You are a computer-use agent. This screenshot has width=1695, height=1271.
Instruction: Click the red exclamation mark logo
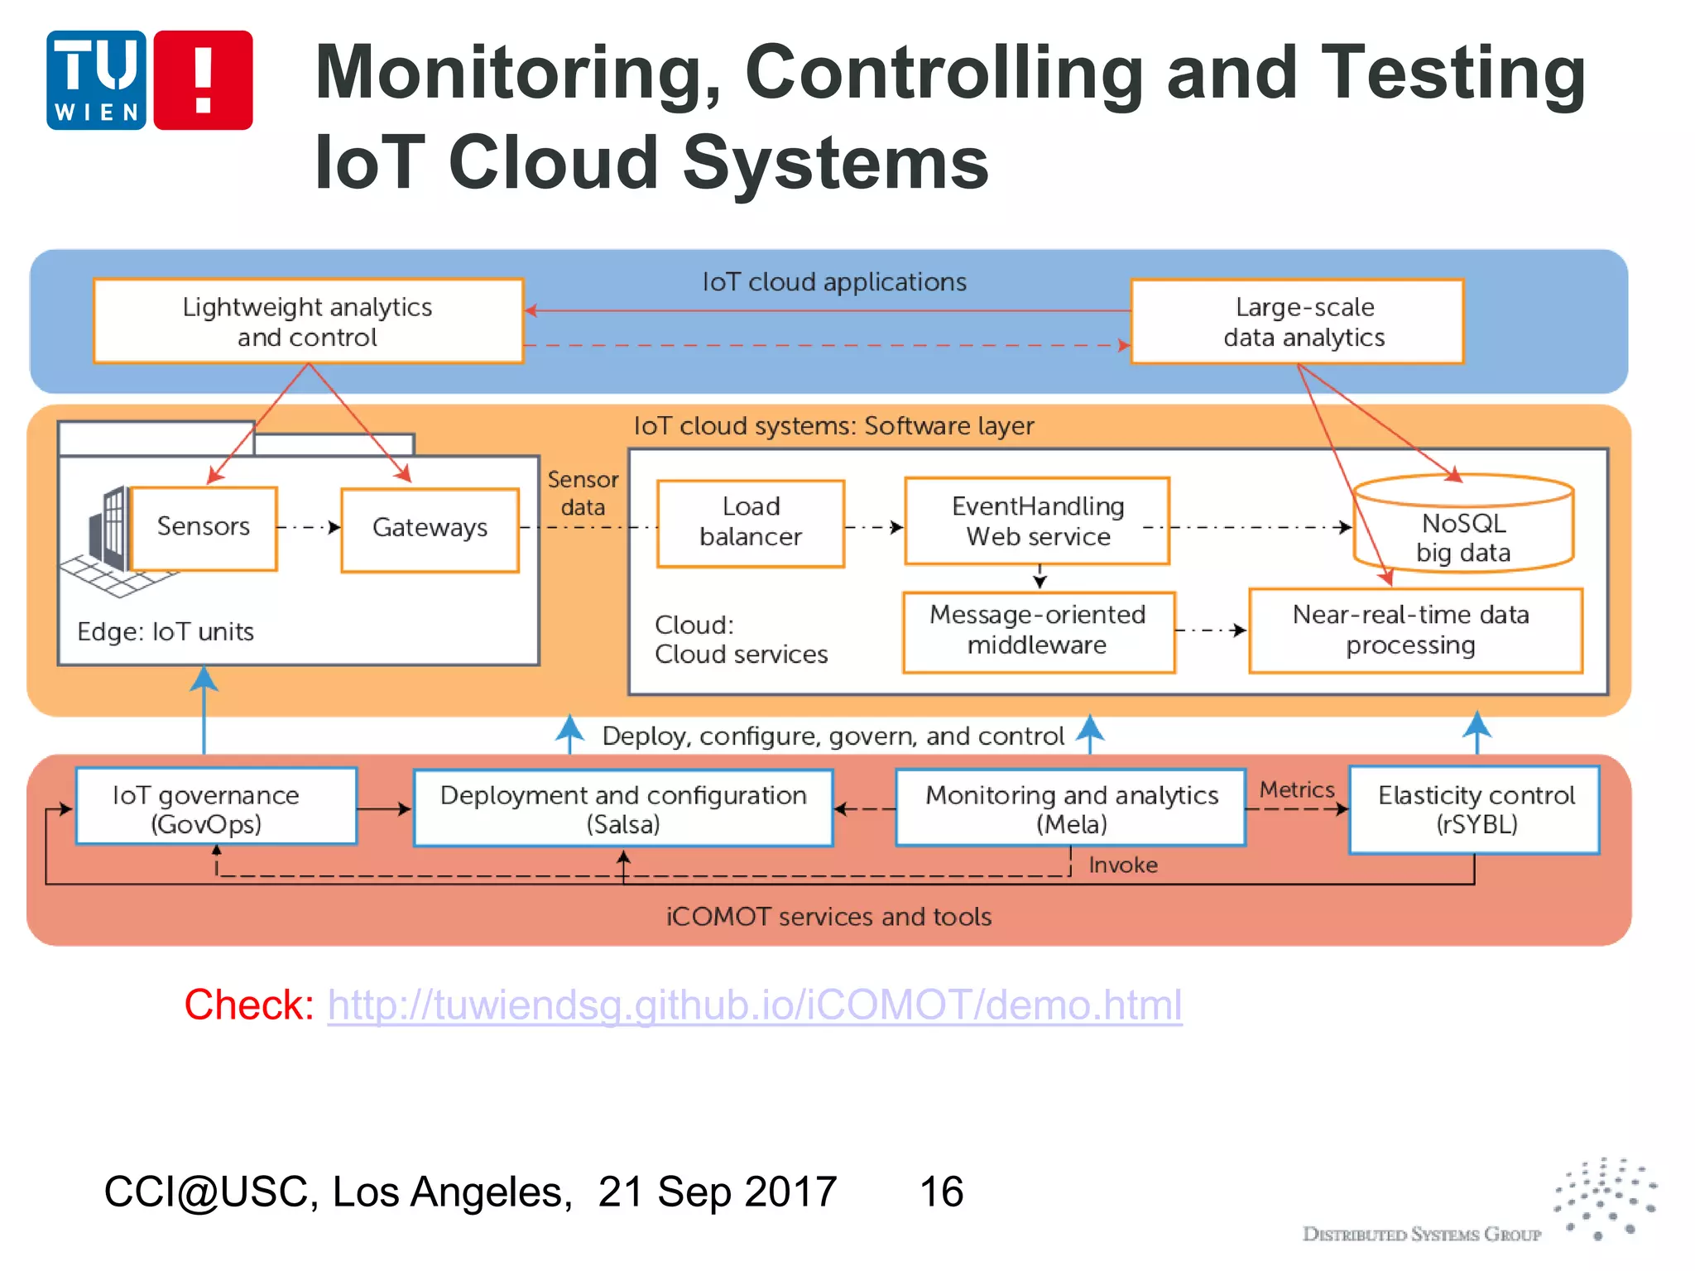[203, 80]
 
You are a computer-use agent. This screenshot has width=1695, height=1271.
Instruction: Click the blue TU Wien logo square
[97, 80]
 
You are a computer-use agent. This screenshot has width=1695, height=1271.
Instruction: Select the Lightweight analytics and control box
[308, 321]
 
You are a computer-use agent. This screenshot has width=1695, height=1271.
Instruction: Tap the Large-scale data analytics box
[1297, 322]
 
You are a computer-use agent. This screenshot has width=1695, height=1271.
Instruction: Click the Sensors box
[204, 527]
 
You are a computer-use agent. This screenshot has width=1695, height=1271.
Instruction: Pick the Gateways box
[430, 529]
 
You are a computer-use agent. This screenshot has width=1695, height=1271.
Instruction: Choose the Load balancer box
[750, 523]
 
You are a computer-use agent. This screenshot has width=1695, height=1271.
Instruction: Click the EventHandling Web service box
[1037, 521]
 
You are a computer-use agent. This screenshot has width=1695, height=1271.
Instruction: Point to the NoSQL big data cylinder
[1463, 530]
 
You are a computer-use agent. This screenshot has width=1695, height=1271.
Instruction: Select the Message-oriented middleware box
[1038, 631]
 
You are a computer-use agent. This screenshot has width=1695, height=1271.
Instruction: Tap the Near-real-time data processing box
[1414, 631]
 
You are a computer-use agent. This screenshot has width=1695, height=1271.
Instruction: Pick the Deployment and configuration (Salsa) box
[622, 808]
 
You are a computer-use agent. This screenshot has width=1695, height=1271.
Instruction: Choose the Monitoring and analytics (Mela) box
[1070, 808]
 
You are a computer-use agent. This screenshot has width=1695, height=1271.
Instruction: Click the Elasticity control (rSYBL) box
[1474, 809]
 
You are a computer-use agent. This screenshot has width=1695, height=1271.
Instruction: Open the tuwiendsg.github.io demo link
[754, 1005]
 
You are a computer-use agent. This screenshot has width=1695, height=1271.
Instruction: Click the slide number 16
[941, 1192]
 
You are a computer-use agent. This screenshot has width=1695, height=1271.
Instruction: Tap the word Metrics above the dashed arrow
[1296, 789]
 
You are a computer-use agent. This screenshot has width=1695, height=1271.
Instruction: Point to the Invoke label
[1122, 866]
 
